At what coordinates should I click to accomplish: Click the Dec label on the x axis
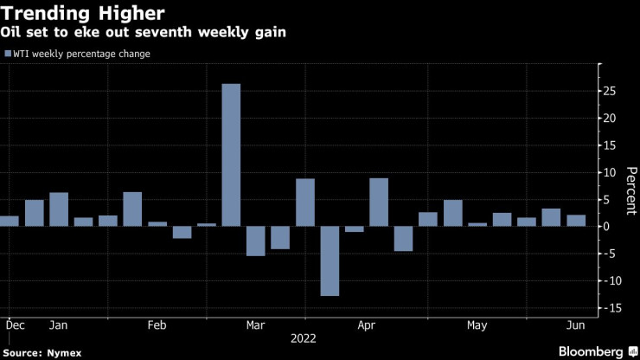pos(15,325)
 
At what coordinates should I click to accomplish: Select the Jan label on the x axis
pos(58,325)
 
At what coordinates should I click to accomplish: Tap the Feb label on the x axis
pos(157,325)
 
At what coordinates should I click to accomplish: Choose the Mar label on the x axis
pos(255,325)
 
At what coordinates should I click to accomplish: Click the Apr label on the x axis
pos(366,325)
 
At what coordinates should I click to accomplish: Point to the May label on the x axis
pos(477,325)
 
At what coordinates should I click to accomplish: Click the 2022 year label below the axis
pos(303,339)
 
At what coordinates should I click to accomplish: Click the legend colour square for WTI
pos(8,54)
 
